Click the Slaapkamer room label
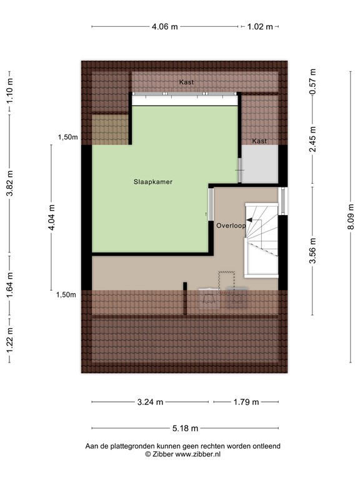pos(152,182)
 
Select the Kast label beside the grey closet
pos(259,141)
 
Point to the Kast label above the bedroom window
pos(186,82)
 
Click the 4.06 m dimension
pos(164,26)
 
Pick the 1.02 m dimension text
pos(260,26)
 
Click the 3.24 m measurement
pos(150,402)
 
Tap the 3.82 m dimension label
pos(9,184)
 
